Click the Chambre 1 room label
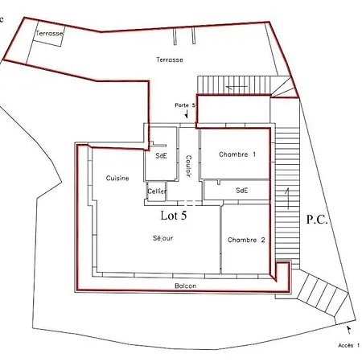(237, 154)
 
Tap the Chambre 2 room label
(245, 240)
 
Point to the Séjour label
(162, 238)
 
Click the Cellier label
(157, 191)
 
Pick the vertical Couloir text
(187, 166)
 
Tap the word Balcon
(185, 286)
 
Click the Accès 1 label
(348, 345)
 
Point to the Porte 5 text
(185, 105)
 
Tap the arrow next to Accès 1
(348, 328)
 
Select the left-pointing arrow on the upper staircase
(237, 86)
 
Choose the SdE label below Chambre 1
(241, 191)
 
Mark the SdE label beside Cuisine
(160, 155)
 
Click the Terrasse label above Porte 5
(170, 60)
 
